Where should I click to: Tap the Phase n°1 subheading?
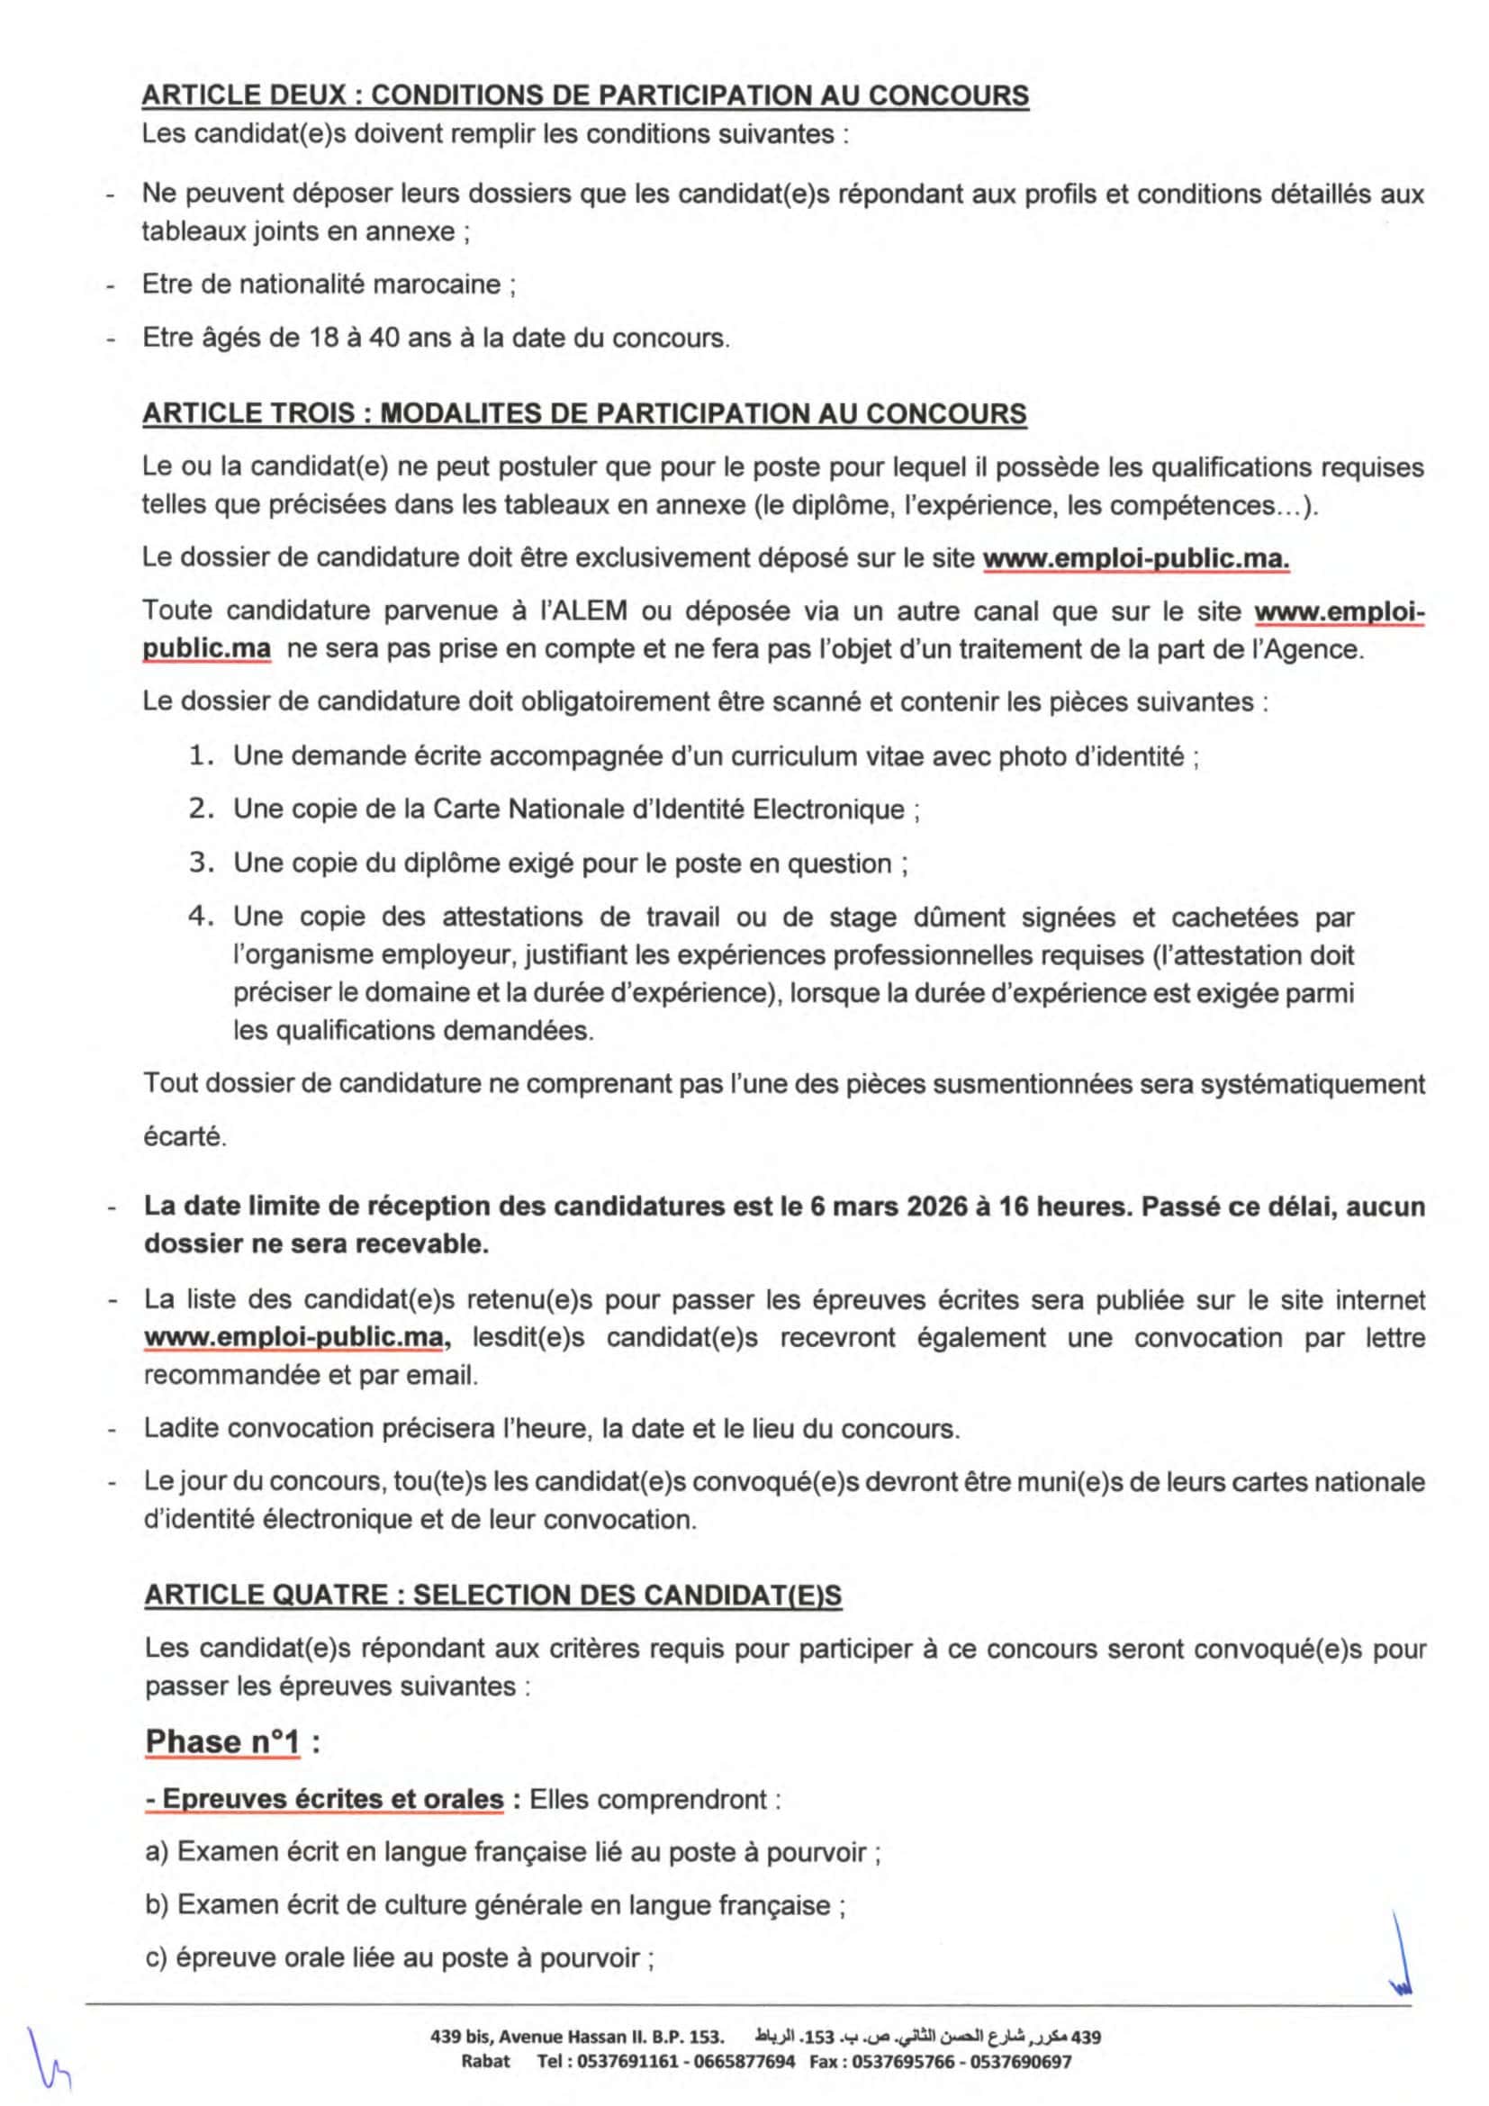point(222,1741)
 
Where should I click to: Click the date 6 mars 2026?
point(888,1207)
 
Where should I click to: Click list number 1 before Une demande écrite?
point(202,755)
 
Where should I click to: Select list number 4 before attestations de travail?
point(202,917)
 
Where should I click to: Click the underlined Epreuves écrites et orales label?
point(326,1799)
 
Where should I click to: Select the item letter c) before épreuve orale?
point(157,1959)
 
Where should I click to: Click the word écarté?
point(185,1137)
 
